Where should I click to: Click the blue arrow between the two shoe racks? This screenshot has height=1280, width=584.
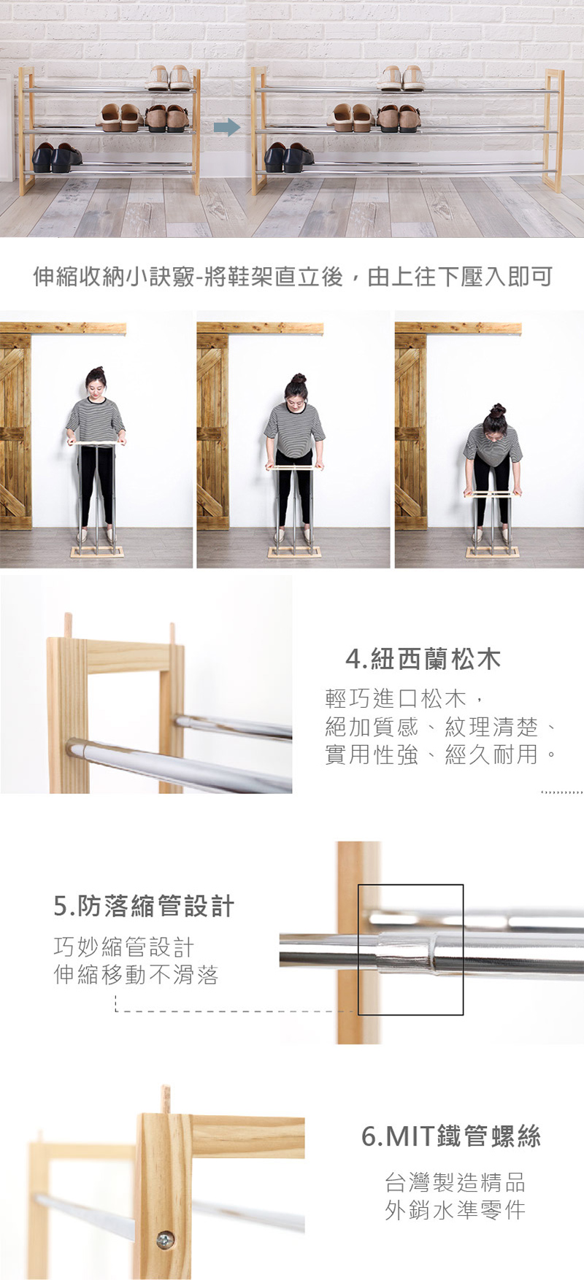(227, 127)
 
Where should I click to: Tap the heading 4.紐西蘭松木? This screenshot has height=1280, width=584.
(423, 660)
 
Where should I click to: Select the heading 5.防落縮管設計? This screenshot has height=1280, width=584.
(145, 906)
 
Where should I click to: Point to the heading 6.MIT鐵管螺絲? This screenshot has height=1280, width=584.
(451, 1136)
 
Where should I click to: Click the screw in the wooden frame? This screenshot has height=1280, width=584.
(166, 1238)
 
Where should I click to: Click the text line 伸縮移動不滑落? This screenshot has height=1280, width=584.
(137, 974)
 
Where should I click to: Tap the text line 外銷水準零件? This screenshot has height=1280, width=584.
(455, 1210)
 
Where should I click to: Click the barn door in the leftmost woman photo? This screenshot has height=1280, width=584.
(15, 431)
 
